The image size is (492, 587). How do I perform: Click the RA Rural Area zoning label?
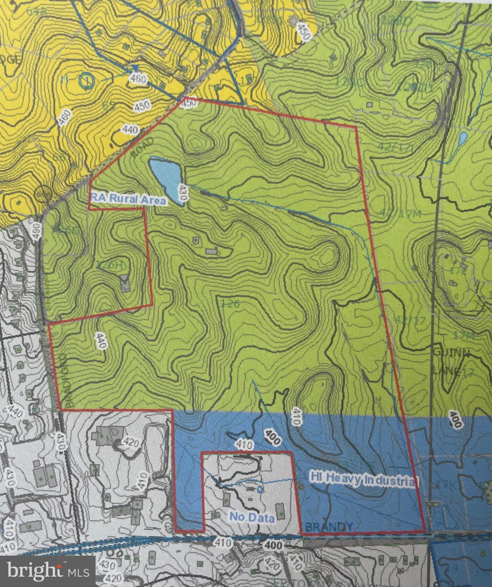[130, 200]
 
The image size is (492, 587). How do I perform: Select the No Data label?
[252, 517]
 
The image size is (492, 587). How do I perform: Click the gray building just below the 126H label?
[125, 284]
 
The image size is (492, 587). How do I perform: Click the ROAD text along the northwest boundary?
[146, 146]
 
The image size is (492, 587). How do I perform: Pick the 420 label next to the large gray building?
[131, 443]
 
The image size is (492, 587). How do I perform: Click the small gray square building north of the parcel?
[369, 104]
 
